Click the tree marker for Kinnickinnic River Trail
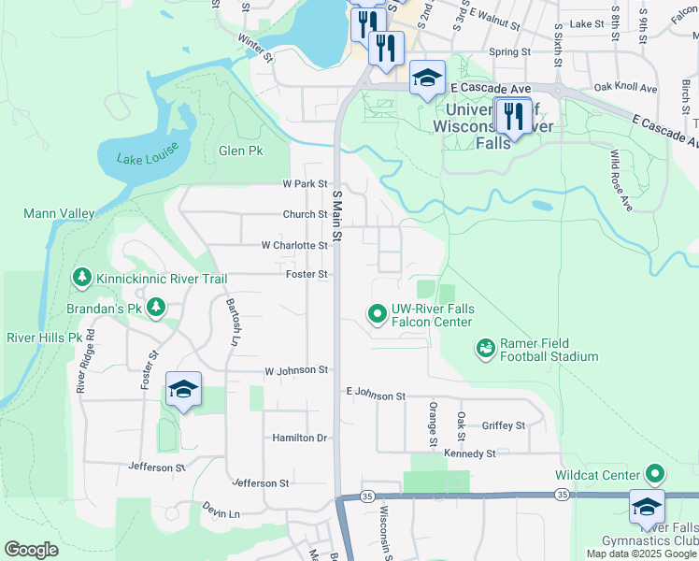coord(83,278)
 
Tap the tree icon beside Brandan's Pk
coord(156,307)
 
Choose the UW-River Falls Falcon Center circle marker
coord(378,314)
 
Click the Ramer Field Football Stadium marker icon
coord(486,349)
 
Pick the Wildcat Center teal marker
coord(656,475)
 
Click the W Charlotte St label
coord(294,246)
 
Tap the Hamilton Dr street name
coord(300,438)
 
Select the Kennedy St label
coord(469,453)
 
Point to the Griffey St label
coord(504,425)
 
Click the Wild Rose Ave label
coord(621,180)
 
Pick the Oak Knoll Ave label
coord(625,88)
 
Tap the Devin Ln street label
coord(221,513)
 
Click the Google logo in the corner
coord(32,550)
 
